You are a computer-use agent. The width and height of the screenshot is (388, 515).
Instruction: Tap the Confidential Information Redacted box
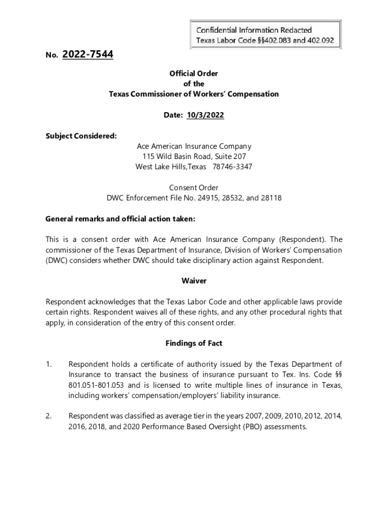point(265,35)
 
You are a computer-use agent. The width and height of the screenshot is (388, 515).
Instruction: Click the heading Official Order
point(194,73)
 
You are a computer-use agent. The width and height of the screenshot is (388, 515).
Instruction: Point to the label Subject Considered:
point(74,136)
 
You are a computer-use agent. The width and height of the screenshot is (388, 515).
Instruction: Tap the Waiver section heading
point(194,281)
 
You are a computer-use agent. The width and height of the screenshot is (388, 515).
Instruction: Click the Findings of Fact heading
point(194,343)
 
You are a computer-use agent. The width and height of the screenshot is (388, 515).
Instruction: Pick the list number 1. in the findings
point(49,364)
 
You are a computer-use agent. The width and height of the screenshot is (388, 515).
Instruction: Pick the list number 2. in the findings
point(49,416)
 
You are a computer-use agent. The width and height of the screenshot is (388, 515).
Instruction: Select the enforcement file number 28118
point(271,198)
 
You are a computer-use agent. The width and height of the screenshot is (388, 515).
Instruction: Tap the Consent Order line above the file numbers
point(194,188)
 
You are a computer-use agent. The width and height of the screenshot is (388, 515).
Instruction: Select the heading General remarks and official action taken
point(120,219)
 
